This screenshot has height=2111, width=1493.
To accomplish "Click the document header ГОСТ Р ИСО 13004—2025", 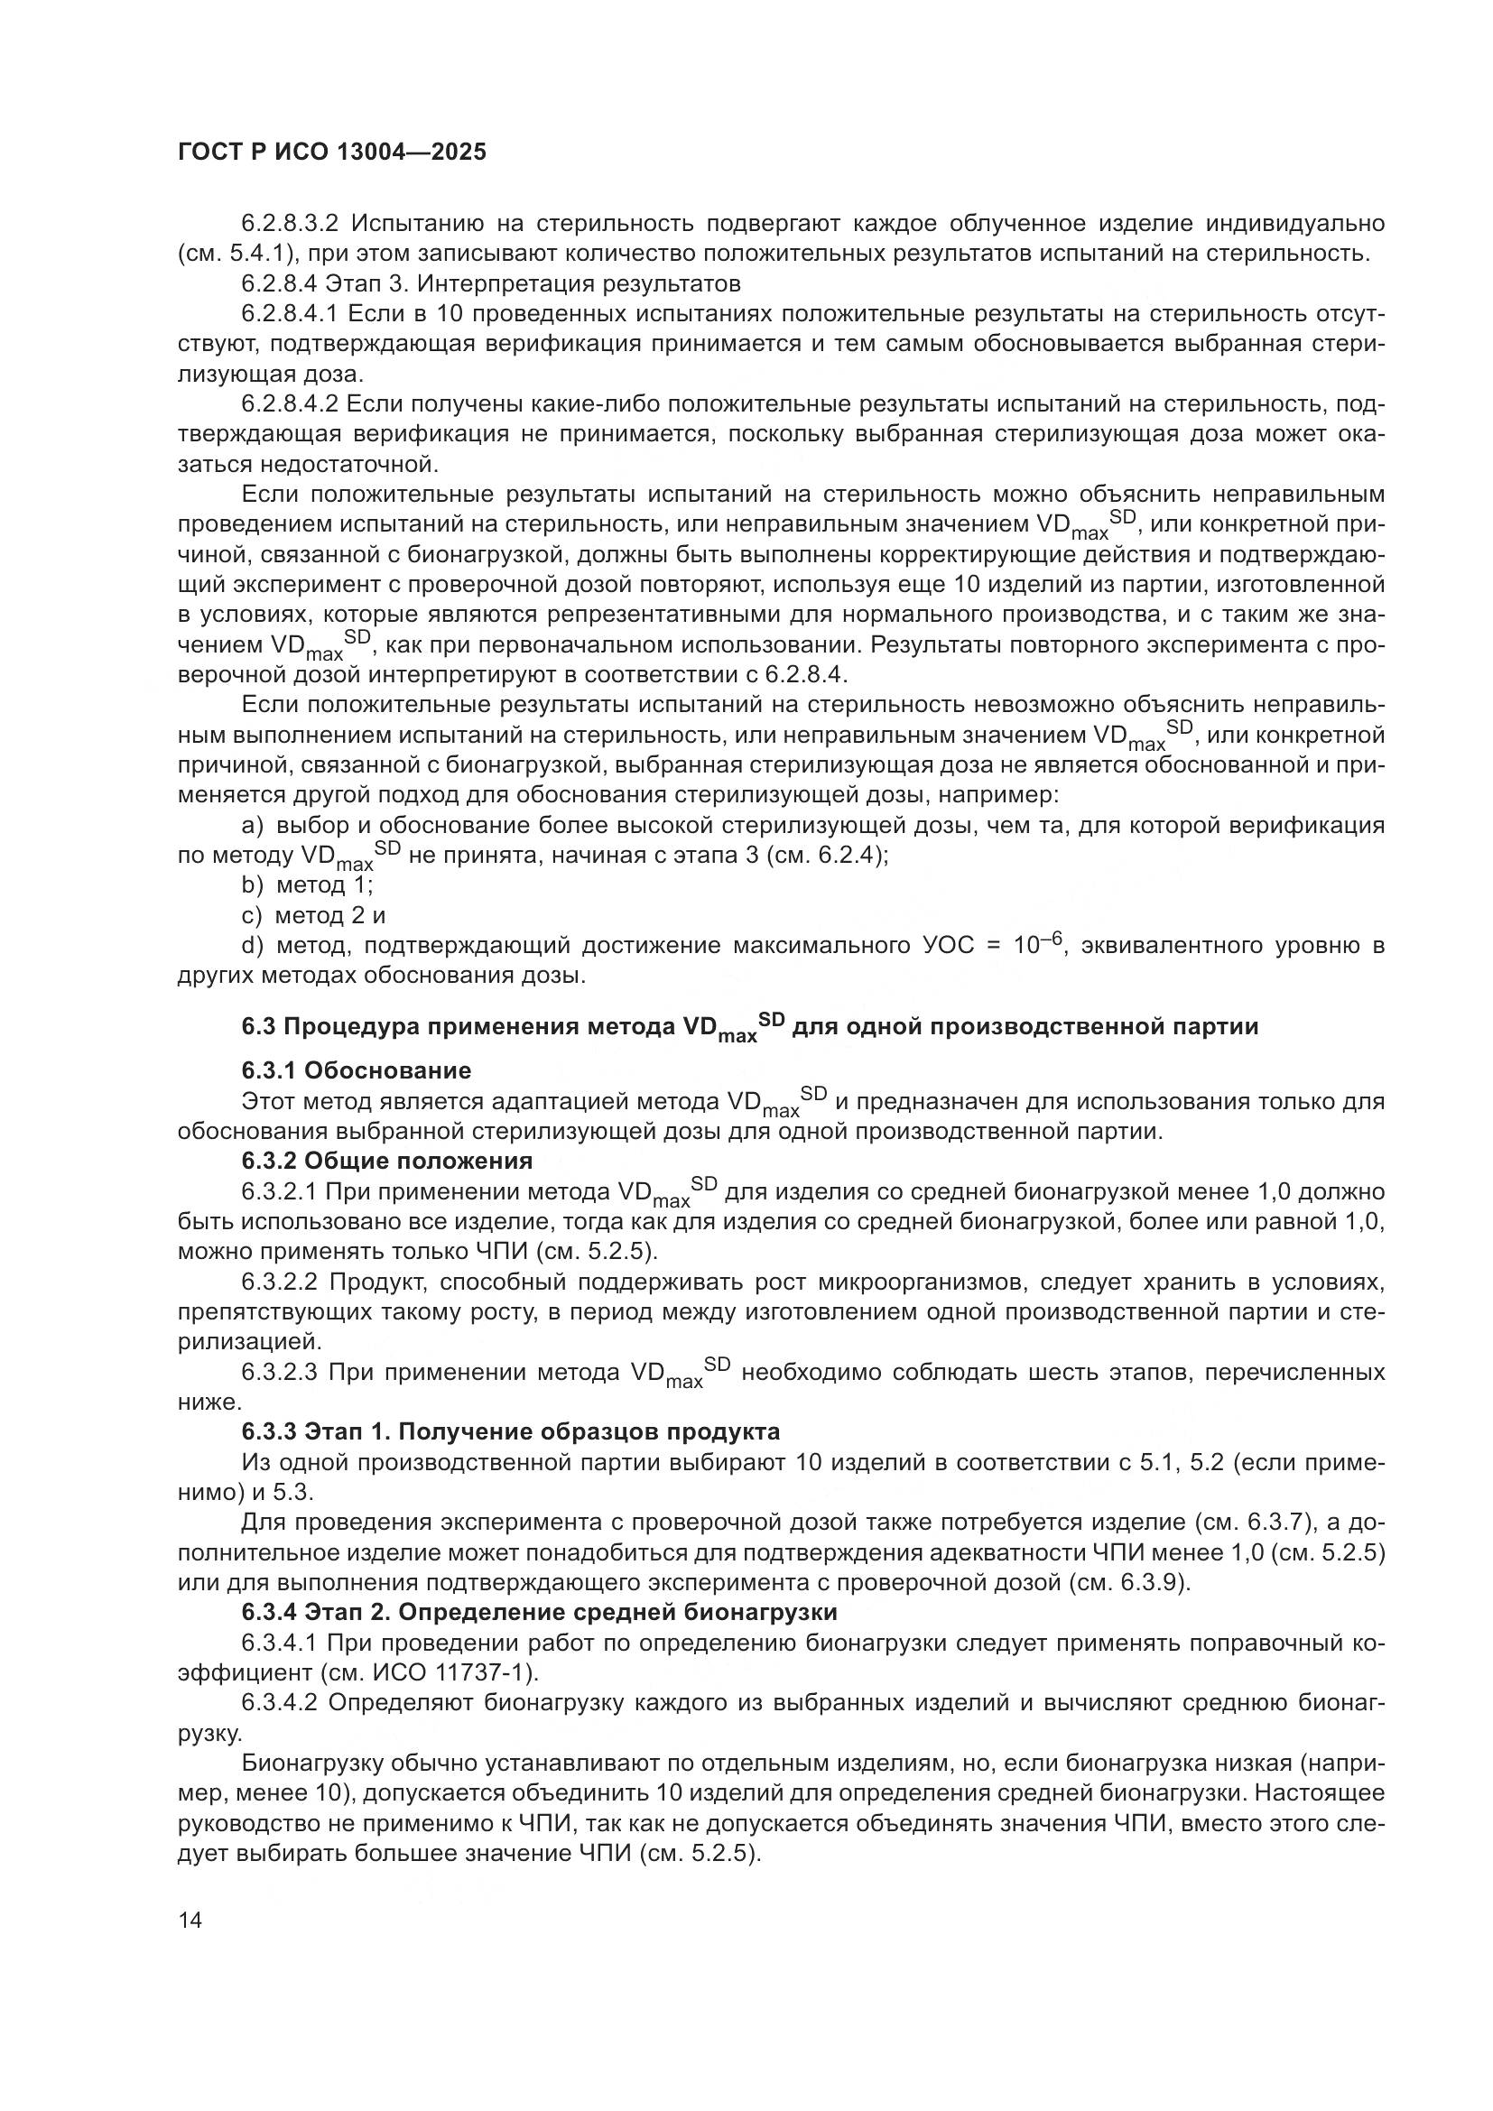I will [x=331, y=153].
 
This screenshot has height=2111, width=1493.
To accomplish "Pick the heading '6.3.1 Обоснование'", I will [x=357, y=1070].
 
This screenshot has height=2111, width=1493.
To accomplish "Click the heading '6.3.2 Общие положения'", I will [x=387, y=1161].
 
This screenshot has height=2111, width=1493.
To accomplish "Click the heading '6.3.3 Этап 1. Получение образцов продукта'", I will [x=511, y=1431].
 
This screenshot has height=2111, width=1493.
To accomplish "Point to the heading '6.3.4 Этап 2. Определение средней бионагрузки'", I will [x=540, y=1612].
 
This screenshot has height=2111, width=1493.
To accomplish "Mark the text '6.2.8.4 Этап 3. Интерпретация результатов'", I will [x=491, y=283].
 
